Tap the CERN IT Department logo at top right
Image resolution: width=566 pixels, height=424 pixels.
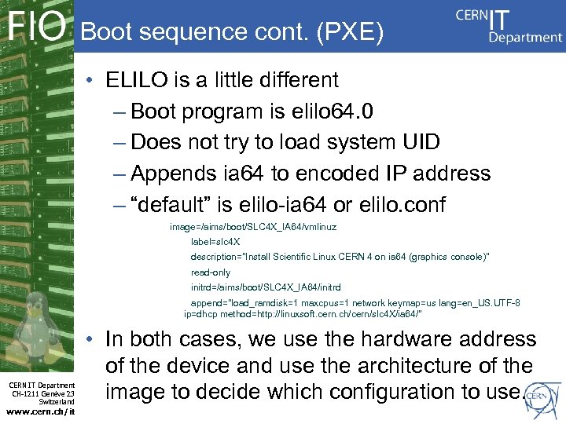pyautogui.click(x=508, y=26)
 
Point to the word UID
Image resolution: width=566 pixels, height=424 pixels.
pyautogui.click(x=423, y=142)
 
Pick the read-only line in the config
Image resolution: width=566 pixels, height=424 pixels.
pyautogui.click(x=211, y=272)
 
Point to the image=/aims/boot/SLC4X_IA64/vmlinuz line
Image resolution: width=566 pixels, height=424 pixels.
pyautogui.click(x=253, y=227)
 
